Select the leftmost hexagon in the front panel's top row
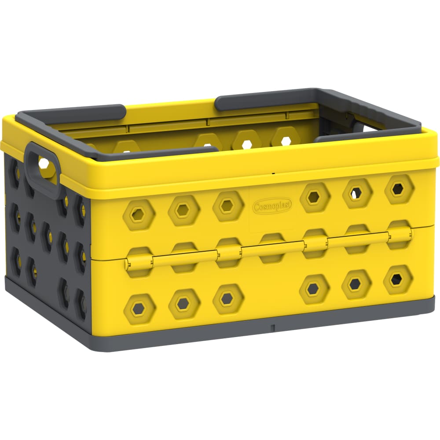[139, 215]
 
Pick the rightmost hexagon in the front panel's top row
[399, 189]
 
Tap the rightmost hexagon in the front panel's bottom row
[397, 279]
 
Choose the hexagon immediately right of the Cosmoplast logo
[314, 198]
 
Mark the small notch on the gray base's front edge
[273, 328]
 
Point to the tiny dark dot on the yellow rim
[273, 173]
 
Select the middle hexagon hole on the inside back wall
[247, 140]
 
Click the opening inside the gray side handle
[44, 165]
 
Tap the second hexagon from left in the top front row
[183, 210]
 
